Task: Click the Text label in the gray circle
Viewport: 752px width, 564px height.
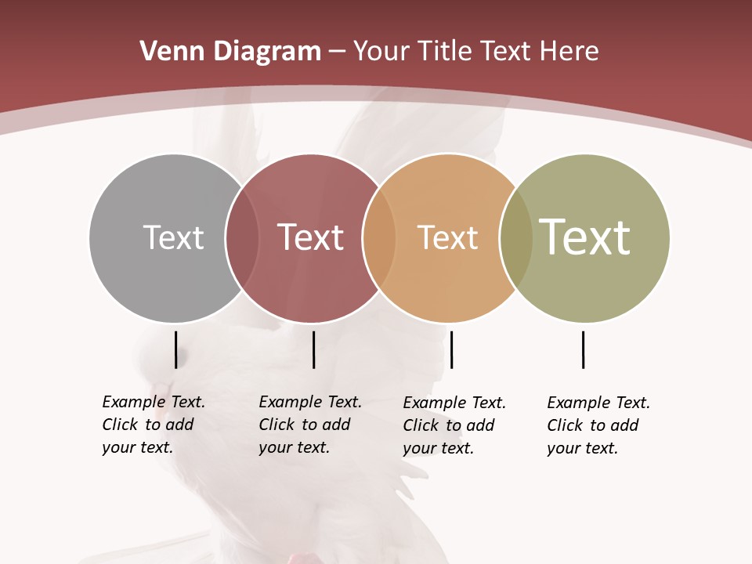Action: tap(173, 237)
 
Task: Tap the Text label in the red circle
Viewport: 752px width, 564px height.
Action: tap(310, 237)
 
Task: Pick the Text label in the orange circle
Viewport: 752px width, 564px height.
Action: tap(447, 237)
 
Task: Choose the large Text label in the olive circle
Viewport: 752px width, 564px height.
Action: tap(585, 237)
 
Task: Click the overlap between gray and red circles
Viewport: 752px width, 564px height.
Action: tap(242, 238)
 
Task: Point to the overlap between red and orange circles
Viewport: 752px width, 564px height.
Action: tap(379, 238)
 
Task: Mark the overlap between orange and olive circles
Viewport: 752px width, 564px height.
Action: tap(516, 238)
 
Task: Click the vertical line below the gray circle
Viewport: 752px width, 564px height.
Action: tap(175, 349)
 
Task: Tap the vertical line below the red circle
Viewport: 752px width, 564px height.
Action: tap(313, 349)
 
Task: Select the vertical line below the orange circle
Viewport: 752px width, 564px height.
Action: tap(451, 349)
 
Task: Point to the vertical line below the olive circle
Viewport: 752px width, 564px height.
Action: tap(583, 349)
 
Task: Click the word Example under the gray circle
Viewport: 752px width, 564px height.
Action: tap(134, 402)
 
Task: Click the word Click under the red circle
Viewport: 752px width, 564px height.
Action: tap(276, 425)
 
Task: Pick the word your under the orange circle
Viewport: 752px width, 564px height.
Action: tap(419, 448)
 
